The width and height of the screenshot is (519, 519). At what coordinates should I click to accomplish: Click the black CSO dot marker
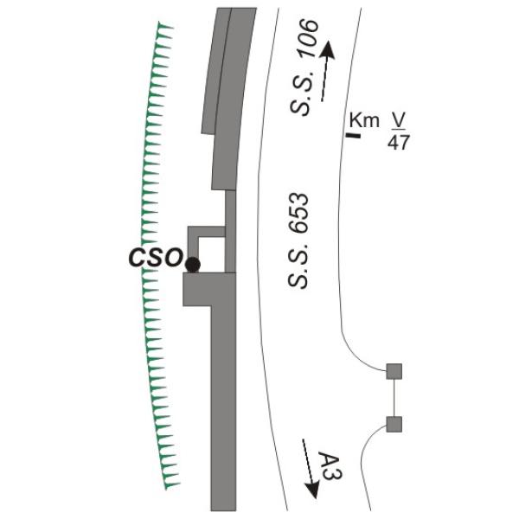[x=193, y=265]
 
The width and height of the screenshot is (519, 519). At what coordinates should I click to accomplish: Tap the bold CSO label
[x=156, y=258]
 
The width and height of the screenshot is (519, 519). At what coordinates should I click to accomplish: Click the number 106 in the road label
[x=307, y=38]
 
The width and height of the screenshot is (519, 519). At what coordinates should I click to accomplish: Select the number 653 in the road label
[x=298, y=213]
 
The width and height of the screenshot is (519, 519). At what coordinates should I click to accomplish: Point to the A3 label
[x=331, y=467]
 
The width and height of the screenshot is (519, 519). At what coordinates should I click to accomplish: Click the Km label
[x=364, y=120]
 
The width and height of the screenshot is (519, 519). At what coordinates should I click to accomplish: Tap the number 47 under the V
[x=399, y=143]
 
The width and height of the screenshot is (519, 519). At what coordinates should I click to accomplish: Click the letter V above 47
[x=399, y=120]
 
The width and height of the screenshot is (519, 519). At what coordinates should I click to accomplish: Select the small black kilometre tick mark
[x=353, y=135]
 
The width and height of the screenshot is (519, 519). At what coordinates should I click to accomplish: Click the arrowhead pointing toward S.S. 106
[x=328, y=50]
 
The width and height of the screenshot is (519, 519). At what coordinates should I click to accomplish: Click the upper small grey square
[x=394, y=371]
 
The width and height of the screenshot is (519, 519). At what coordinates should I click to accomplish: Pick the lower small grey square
[x=394, y=425]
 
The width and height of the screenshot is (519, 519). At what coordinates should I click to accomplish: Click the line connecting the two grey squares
[x=394, y=398]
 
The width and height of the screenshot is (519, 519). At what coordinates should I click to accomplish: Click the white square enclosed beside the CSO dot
[x=212, y=254]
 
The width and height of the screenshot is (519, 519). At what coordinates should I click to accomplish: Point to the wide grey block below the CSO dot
[x=209, y=289]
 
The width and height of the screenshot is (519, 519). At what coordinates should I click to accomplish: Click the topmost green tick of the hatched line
[x=165, y=25]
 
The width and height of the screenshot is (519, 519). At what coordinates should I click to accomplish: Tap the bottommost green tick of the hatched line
[x=172, y=485]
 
